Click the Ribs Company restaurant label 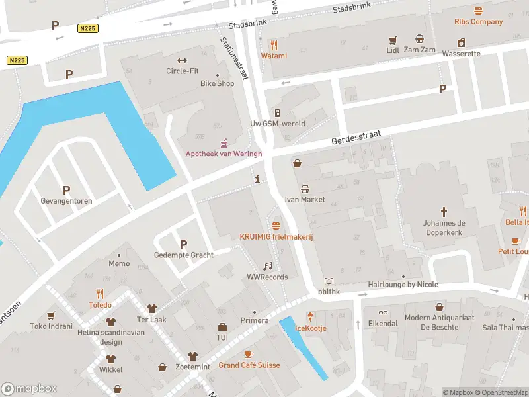[478, 22]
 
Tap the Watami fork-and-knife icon [274, 44]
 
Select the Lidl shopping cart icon [393, 40]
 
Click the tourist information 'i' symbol [257, 179]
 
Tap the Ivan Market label [305, 200]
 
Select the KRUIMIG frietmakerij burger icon [276, 225]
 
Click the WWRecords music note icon [267, 266]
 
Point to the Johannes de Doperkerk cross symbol [444, 212]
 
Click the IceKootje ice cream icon [311, 316]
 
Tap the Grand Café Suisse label [249, 365]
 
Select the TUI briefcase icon [222, 327]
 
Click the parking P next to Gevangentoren [65, 190]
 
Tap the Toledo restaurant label [101, 305]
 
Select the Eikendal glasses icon [383, 312]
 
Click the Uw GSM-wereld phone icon [277, 112]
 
